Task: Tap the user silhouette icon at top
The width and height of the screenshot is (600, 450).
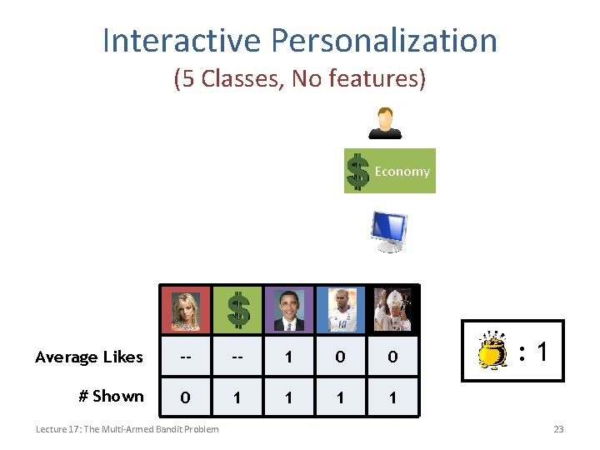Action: pos(385,122)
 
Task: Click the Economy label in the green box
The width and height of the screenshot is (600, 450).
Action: pos(402,171)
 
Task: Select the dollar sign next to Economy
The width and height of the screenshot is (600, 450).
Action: pos(357,172)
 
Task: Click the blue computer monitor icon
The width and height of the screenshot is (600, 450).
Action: pos(388,231)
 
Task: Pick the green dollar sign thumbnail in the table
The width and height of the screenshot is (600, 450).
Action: pos(237,309)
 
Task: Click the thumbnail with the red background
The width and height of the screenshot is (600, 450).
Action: pos(186,309)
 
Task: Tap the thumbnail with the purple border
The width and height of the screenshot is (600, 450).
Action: pos(289,309)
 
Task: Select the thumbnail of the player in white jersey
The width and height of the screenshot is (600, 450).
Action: pos(341,309)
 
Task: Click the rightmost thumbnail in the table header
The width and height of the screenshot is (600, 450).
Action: pos(392,309)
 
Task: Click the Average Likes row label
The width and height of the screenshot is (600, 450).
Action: pos(89,357)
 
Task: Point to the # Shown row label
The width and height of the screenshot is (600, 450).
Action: pos(111,396)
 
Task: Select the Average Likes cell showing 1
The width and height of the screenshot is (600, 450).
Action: pos(288,357)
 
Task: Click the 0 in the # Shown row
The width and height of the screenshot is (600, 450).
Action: pos(186,397)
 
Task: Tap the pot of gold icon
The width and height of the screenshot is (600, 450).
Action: pos(492,351)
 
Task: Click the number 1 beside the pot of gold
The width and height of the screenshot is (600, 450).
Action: pos(542,352)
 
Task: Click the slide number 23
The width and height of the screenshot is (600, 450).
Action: pos(558,429)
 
